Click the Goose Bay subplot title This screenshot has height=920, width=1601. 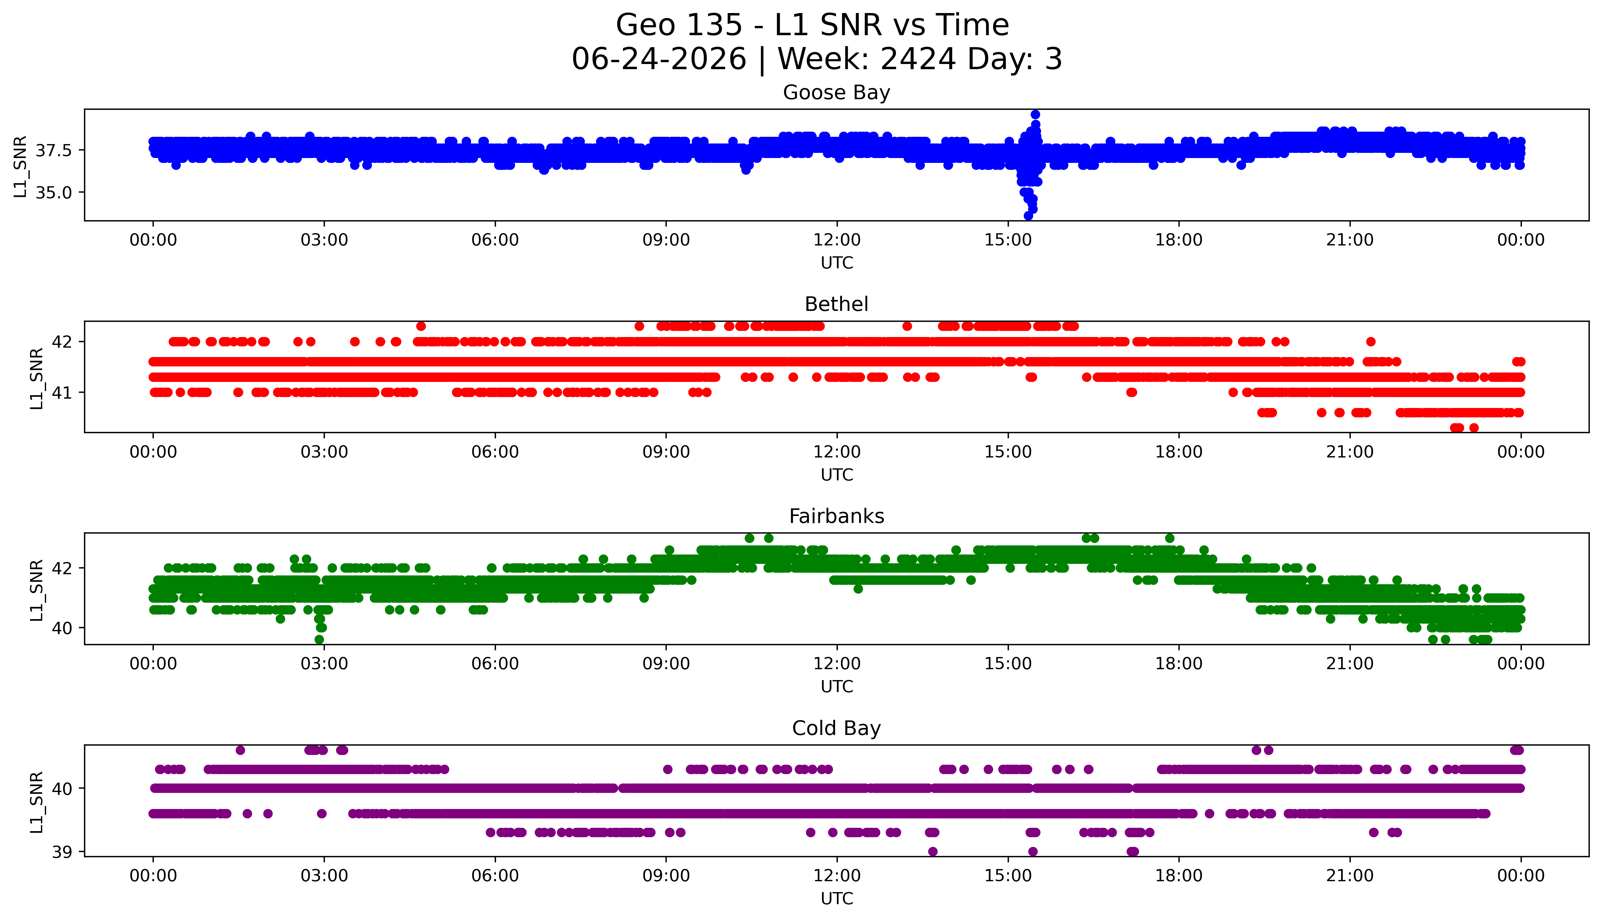[837, 93]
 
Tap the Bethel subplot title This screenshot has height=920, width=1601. [837, 305]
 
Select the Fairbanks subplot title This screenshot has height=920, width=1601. [837, 516]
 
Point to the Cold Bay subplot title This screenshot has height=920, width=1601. [837, 729]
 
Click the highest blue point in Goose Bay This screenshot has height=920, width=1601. [1035, 114]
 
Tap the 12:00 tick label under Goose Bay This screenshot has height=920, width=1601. [837, 240]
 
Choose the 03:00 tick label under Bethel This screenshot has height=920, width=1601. [324, 452]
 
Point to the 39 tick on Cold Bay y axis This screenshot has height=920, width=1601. [62, 852]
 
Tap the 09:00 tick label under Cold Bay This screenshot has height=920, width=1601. [666, 876]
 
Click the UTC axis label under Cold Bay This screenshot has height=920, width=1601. [837, 898]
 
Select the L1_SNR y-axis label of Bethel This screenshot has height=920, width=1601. [37, 378]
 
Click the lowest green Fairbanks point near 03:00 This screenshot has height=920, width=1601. [319, 639]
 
